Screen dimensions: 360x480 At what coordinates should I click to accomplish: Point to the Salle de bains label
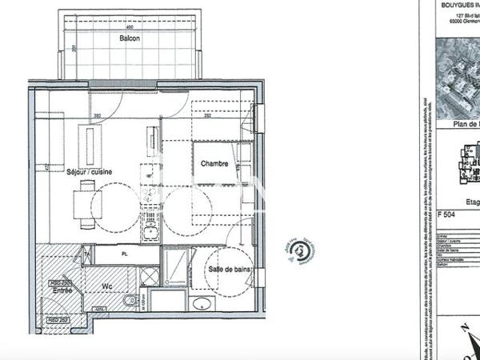[x=230, y=271]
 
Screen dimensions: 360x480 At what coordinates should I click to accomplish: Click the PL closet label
[x=125, y=254]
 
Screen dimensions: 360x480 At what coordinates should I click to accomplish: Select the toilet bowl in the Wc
[x=130, y=302]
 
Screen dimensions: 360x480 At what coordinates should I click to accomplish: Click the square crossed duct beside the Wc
[x=149, y=276]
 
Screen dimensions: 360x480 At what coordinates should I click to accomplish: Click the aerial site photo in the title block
[x=458, y=76]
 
